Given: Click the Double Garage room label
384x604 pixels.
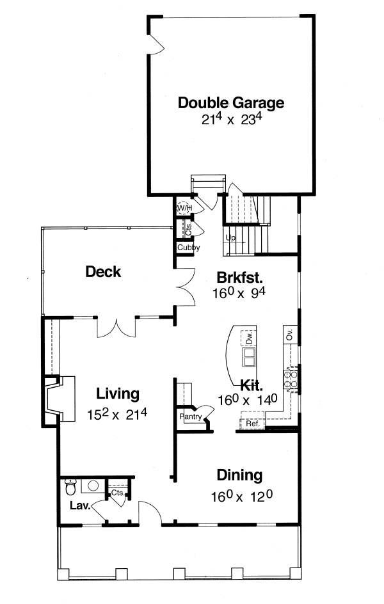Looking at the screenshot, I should point(231,102).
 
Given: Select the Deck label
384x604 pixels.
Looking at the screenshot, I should point(103,272).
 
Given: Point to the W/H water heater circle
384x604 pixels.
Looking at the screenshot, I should point(184,208).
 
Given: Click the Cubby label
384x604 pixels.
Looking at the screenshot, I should point(188,248).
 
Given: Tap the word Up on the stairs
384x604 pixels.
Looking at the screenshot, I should point(230,238).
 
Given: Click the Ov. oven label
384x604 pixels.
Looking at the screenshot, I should point(289,335).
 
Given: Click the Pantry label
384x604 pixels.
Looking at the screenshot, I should point(191,417).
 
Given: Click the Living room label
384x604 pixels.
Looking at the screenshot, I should point(118,393).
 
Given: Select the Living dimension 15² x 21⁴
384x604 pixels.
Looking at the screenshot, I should point(117,414).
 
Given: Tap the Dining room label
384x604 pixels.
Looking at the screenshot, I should point(239,475).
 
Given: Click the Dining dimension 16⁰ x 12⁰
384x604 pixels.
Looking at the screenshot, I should point(239,496).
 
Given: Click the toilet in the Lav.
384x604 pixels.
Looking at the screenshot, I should point(71,488).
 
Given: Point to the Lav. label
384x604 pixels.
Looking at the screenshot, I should point(79,505).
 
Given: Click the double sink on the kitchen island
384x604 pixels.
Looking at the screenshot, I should point(248,355).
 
